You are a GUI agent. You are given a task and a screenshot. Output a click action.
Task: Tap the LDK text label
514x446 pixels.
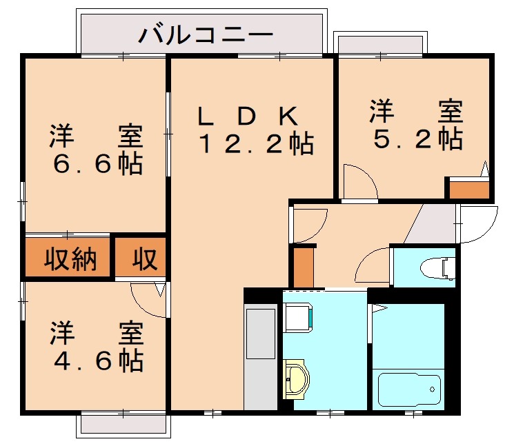248,116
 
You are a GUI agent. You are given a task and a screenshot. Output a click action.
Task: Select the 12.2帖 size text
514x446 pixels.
256,144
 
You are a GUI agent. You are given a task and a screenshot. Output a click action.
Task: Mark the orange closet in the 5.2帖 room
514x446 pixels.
469,189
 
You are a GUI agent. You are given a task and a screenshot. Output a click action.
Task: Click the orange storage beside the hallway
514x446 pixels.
302,266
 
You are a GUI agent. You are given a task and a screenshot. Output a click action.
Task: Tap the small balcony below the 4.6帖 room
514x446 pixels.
122,423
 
